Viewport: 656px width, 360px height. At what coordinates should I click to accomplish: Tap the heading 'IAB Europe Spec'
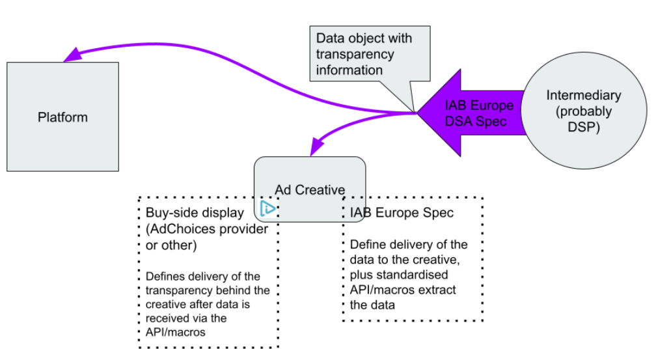click(x=402, y=213)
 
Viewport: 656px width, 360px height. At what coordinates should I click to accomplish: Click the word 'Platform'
click(x=62, y=118)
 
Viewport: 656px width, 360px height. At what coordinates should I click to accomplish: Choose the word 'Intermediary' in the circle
click(x=583, y=95)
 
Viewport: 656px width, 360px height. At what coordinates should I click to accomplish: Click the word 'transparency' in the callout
click(x=355, y=54)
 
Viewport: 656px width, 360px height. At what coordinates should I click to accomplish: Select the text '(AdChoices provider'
click(x=206, y=229)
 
